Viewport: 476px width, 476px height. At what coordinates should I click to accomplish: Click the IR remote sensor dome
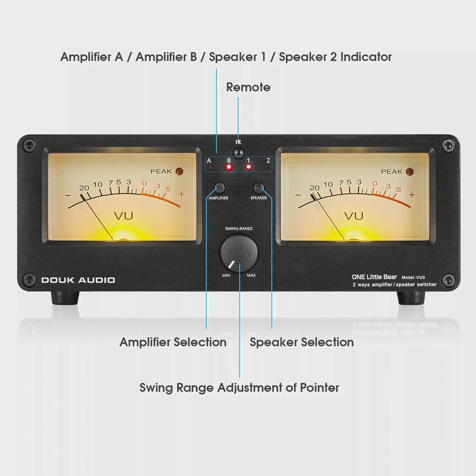(x=238, y=153)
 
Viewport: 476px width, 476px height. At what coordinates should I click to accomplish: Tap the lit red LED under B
(x=229, y=167)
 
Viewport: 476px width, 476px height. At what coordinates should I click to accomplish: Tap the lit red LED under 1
(x=249, y=167)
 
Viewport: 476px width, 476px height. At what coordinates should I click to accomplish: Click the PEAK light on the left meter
(x=179, y=171)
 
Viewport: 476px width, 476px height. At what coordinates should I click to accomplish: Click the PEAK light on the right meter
(x=410, y=172)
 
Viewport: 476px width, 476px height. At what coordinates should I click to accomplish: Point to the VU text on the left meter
(x=123, y=216)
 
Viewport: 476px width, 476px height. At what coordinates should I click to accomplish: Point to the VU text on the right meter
(x=354, y=216)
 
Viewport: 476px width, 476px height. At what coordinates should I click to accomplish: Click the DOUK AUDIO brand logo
(x=78, y=280)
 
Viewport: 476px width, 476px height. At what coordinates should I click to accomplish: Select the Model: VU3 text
(x=413, y=277)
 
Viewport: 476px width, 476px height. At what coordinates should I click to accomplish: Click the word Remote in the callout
(x=248, y=87)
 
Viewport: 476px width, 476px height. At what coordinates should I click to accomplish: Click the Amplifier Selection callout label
(x=173, y=342)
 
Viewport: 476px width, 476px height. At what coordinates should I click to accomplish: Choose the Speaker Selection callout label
(x=302, y=342)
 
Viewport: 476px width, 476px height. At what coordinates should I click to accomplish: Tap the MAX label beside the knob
(x=251, y=275)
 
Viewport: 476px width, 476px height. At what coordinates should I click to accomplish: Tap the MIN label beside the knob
(x=226, y=275)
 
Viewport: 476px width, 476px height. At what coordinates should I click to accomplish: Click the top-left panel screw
(x=30, y=145)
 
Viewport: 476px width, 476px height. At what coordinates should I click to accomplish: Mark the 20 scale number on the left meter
(x=84, y=188)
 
